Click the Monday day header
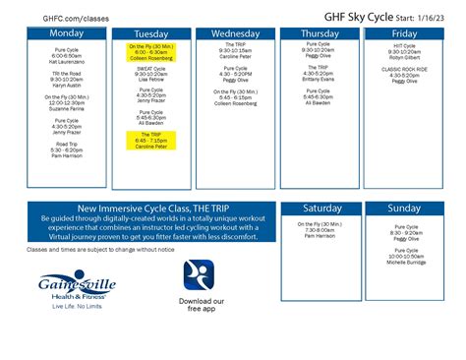pyautogui.click(x=67, y=32)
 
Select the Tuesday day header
pyautogui.click(x=150, y=32)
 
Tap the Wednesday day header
pyautogui.click(x=235, y=32)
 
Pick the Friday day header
pyautogui.click(x=404, y=32)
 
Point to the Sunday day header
pyautogui.click(x=404, y=209)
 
